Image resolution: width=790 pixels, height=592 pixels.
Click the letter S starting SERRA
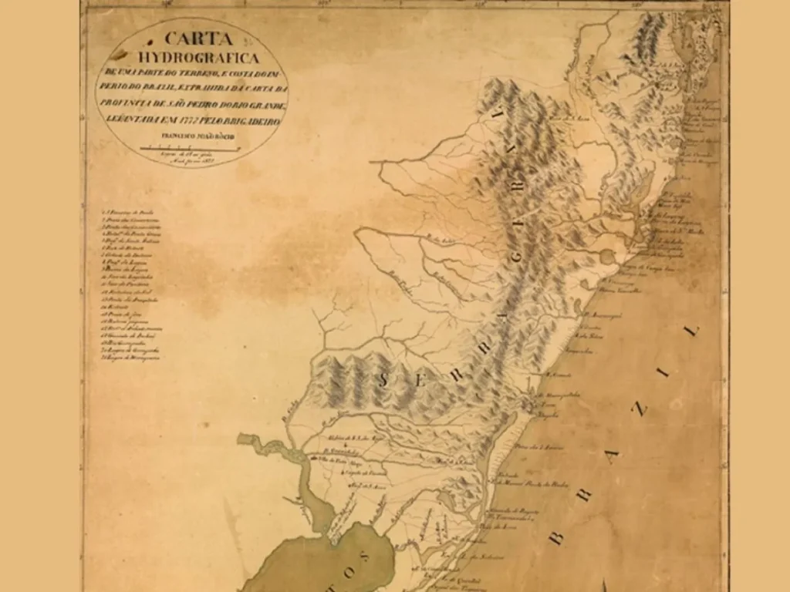click(385, 378)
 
